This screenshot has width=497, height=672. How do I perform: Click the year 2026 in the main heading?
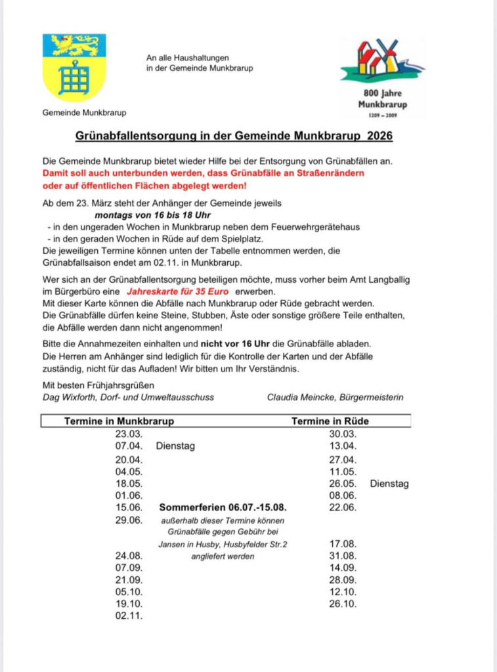coord(381,136)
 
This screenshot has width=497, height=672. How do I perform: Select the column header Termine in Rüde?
coord(330,421)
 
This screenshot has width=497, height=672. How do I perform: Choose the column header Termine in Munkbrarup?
coord(119,421)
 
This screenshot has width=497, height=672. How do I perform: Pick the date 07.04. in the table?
coord(128,446)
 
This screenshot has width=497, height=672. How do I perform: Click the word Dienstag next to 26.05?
coord(389,484)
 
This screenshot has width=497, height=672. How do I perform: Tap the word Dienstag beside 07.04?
coord(175,446)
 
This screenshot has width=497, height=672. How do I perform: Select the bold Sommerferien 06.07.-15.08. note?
coord(223,507)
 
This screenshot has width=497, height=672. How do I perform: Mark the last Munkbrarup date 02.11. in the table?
coord(128,616)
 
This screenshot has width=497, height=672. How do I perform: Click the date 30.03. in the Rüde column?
coord(342,434)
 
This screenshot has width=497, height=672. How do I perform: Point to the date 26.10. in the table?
coord(342,604)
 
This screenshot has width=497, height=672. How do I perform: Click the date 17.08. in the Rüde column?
coord(342,543)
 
